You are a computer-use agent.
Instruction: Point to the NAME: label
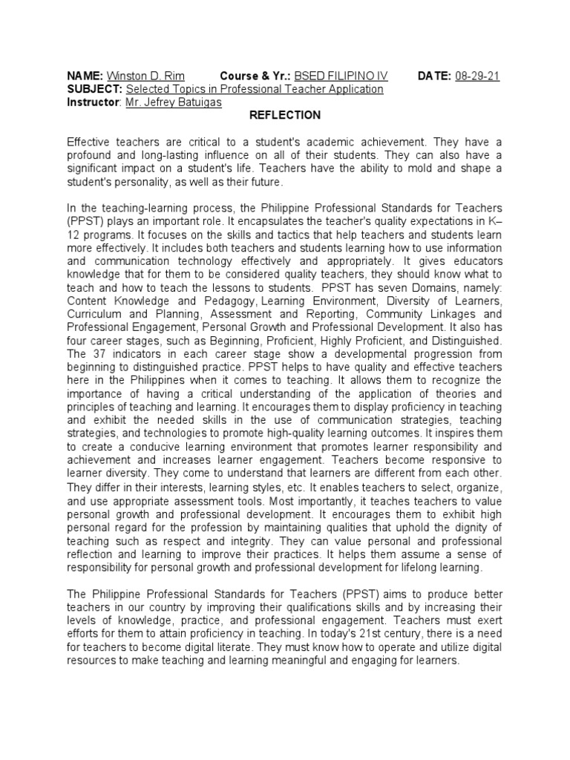(85, 76)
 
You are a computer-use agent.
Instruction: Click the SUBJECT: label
(93, 89)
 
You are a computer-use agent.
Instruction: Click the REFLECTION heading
(285, 115)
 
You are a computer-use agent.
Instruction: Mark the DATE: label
(435, 76)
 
